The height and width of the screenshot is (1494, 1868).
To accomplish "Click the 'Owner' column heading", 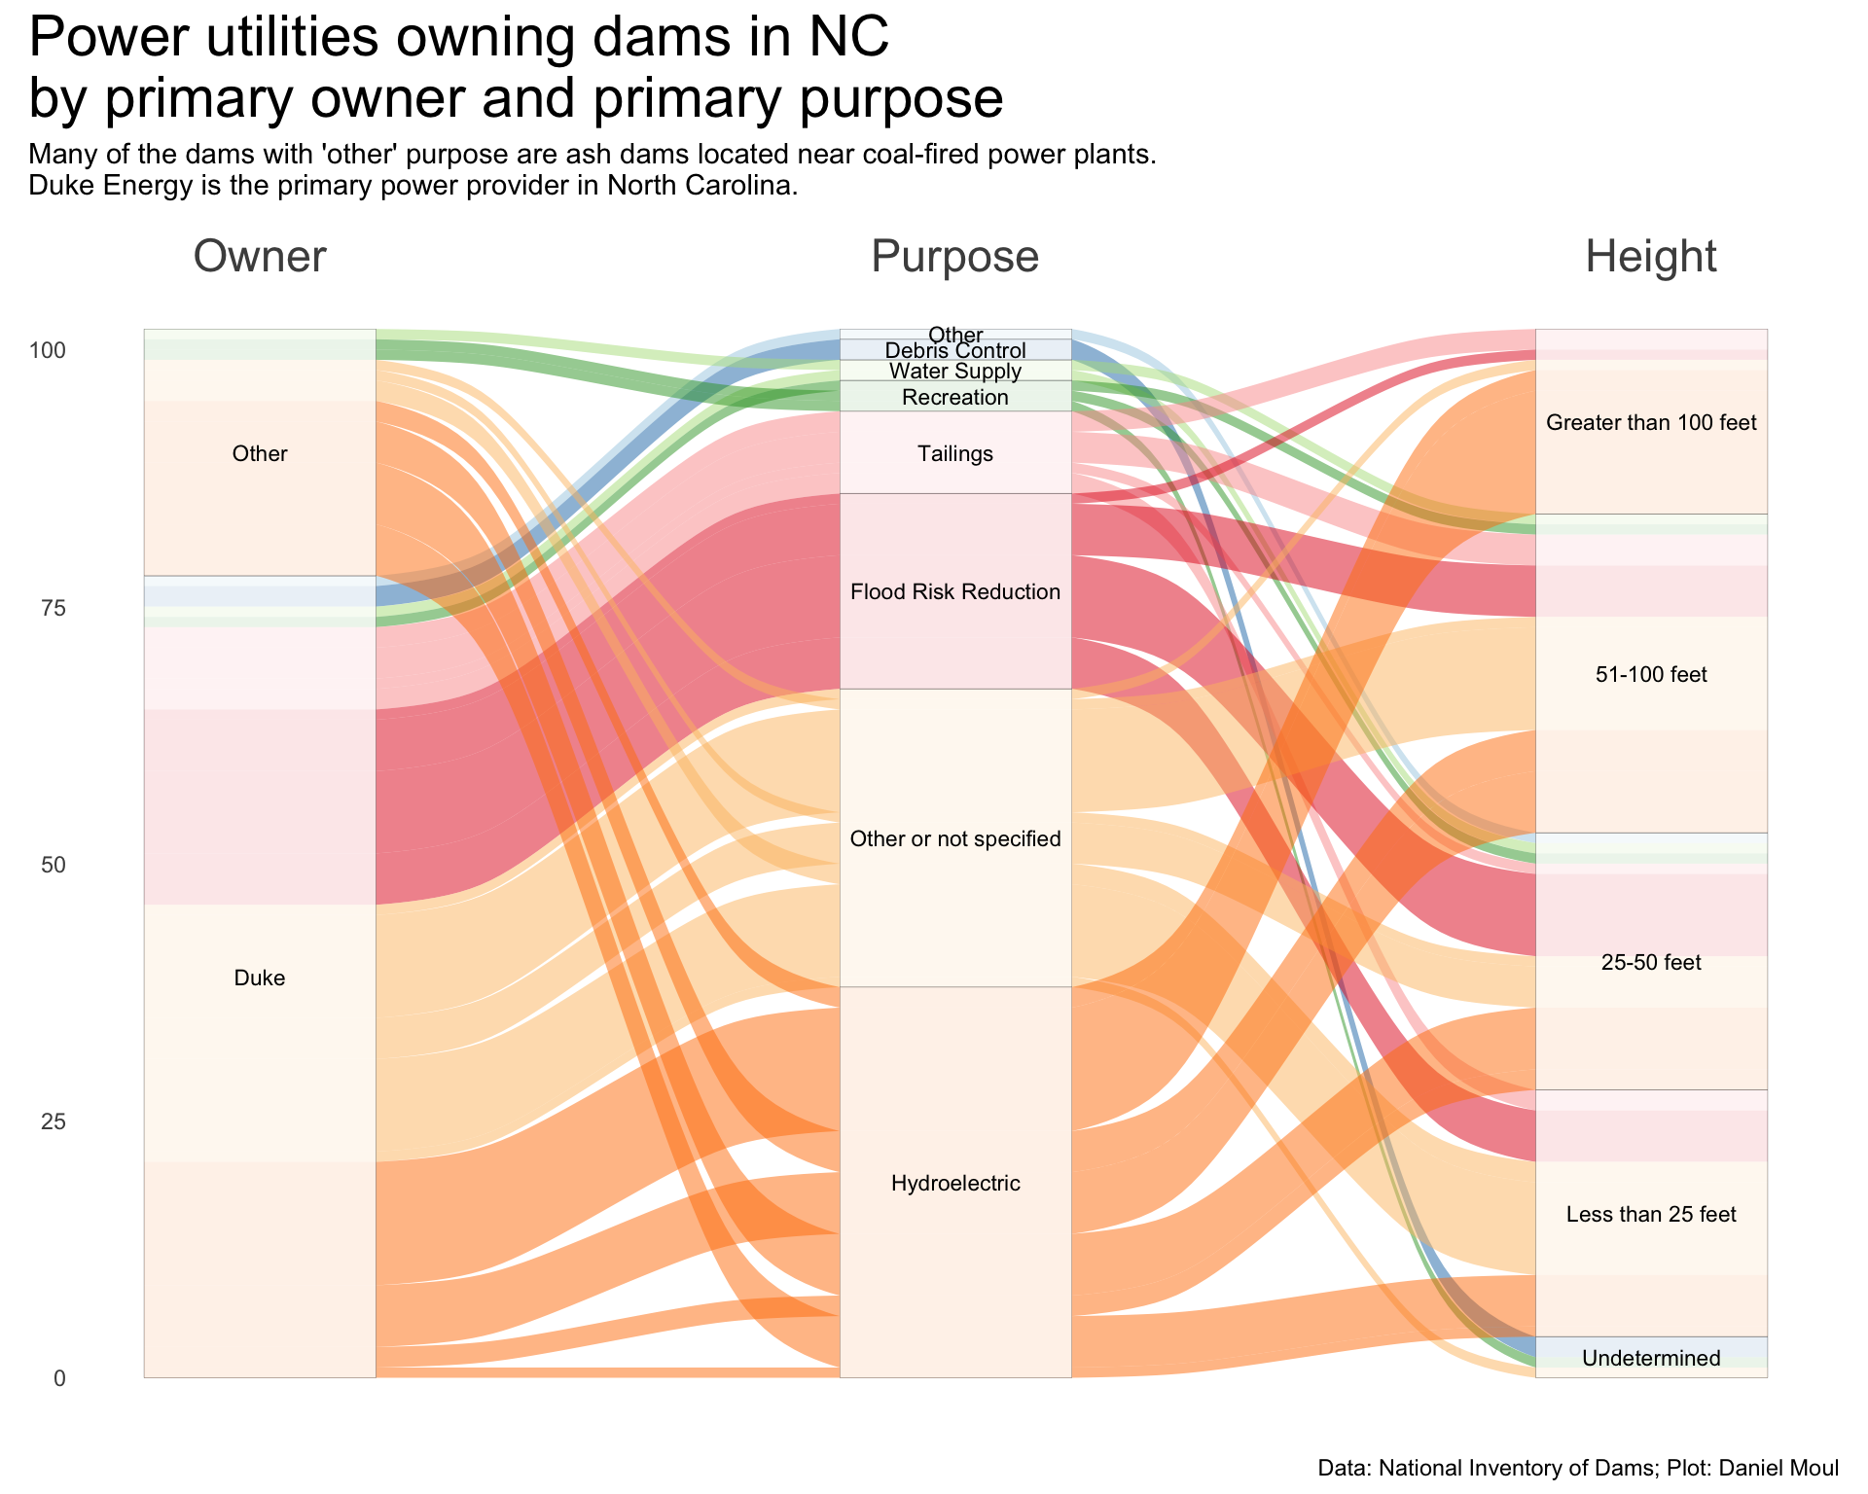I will [260, 257].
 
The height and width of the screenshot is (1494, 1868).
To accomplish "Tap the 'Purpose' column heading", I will [954, 257].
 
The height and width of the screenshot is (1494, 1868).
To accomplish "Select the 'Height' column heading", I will [1650, 257].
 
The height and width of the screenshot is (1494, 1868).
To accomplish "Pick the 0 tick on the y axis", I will [60, 1378].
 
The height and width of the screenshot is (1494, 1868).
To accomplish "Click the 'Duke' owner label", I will [260, 978].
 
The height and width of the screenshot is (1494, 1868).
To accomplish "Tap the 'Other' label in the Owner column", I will [260, 453].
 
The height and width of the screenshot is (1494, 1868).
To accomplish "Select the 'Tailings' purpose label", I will [954, 453].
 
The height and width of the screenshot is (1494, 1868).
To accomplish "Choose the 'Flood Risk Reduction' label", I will [954, 591].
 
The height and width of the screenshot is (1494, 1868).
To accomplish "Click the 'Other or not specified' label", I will [954, 838].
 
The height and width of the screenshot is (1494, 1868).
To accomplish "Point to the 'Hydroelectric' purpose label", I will [954, 1183].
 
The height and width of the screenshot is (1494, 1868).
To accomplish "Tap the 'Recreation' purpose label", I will [954, 397].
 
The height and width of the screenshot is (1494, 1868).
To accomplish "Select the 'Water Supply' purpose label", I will [954, 371].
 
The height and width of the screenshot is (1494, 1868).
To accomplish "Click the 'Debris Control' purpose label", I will [954, 351].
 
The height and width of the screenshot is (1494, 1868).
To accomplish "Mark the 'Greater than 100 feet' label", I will [1650, 422].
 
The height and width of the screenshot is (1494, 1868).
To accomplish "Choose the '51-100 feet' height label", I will [1650, 674].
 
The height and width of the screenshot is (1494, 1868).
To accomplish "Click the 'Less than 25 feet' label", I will [1650, 1214].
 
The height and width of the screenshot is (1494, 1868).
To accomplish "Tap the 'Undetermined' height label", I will [1650, 1358].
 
